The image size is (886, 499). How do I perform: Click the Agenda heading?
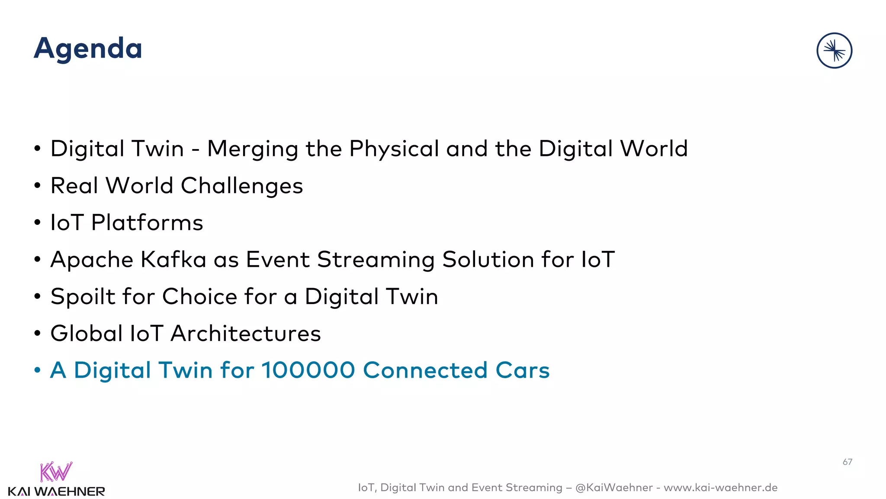(x=88, y=49)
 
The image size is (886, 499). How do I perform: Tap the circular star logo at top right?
(x=834, y=51)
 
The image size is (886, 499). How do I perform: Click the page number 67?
(x=847, y=462)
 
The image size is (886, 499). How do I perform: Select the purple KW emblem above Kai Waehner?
(x=56, y=472)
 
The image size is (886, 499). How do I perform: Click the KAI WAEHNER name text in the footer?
(x=56, y=492)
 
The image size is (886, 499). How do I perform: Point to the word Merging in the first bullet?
(x=253, y=149)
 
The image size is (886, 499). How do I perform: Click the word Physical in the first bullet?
(x=394, y=149)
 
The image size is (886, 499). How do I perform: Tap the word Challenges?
(x=241, y=186)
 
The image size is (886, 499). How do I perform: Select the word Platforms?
(x=147, y=223)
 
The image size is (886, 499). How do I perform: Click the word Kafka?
(x=173, y=260)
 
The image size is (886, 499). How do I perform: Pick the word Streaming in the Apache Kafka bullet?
(x=376, y=260)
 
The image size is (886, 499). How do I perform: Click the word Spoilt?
(x=83, y=297)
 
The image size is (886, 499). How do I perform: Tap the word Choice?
(x=199, y=297)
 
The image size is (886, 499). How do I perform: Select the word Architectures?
(x=245, y=334)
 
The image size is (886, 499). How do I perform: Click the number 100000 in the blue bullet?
(x=308, y=371)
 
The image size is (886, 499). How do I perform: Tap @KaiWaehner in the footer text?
(x=614, y=488)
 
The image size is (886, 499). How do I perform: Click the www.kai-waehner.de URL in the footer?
(x=720, y=488)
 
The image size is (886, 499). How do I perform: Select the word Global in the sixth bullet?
(x=87, y=334)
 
